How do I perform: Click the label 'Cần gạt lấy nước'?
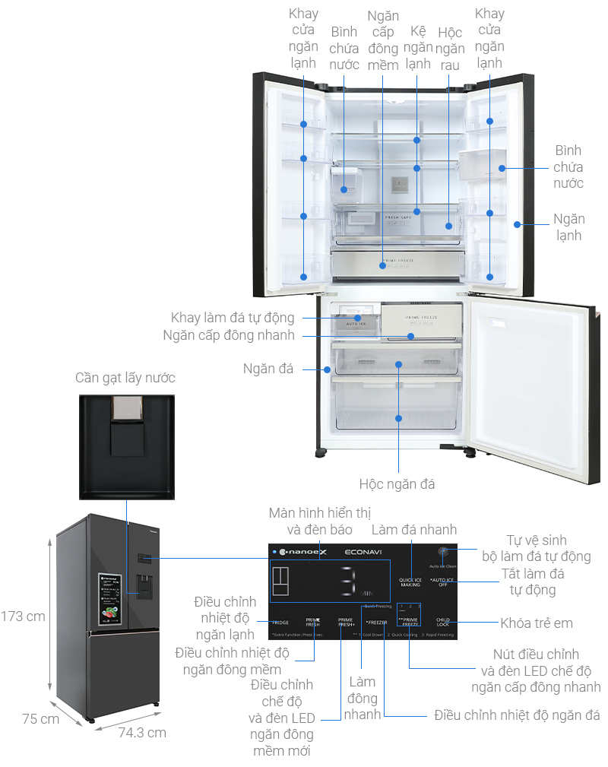click(125, 378)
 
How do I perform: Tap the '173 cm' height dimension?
click(23, 616)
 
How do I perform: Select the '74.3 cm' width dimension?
click(142, 733)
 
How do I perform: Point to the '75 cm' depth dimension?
click(40, 719)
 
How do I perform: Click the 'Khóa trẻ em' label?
click(536, 623)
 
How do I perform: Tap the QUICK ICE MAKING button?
click(410, 582)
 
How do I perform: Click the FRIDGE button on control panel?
click(280, 622)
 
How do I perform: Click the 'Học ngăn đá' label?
click(397, 483)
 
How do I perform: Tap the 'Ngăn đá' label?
click(269, 369)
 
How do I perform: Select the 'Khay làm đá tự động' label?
click(232, 317)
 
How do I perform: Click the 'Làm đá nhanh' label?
click(413, 529)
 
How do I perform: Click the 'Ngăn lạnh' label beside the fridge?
click(567, 227)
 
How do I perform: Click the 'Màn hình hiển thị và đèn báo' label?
click(309, 520)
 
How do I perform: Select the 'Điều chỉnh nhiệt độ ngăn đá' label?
click(517, 715)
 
